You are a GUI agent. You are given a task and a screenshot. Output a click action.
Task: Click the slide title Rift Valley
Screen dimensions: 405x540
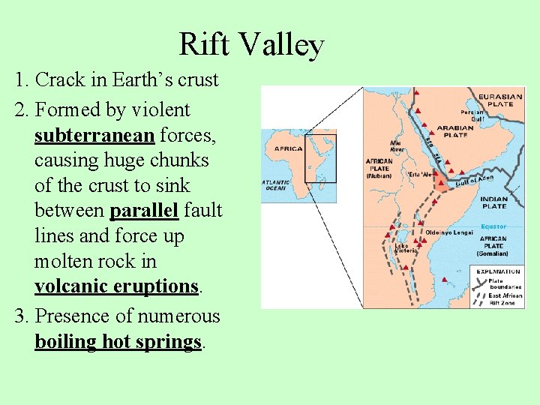(251, 46)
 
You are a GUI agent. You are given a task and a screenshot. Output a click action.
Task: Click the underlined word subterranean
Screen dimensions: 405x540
(94, 135)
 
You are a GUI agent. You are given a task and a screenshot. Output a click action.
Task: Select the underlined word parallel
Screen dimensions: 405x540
(144, 211)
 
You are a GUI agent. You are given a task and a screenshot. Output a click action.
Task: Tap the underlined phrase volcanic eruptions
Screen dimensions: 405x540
(116, 286)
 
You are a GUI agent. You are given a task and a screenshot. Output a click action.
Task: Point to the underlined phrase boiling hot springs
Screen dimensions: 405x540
(118, 342)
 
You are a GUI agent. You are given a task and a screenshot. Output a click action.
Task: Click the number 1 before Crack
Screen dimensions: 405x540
(19, 80)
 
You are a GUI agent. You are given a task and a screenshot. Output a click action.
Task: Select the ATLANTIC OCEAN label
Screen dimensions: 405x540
(276, 184)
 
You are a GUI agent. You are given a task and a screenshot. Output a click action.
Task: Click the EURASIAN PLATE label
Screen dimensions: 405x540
(500, 100)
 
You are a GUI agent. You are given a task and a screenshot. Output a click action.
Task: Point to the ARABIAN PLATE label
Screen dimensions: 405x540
(455, 131)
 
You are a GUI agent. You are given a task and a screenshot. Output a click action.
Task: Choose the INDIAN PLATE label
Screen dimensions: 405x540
(494, 202)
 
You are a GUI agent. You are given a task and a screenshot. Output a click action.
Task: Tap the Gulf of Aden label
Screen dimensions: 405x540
(475, 181)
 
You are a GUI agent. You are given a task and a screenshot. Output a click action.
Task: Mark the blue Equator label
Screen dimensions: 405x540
(493, 226)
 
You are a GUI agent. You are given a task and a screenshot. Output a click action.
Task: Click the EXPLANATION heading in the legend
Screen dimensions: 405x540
(497, 271)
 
